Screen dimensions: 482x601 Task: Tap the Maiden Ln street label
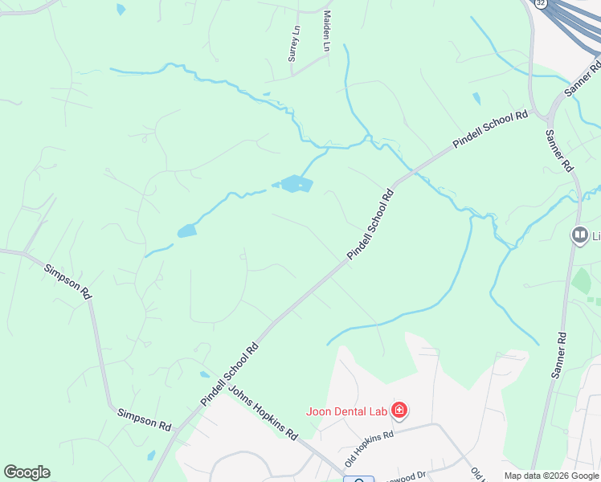pos(327,31)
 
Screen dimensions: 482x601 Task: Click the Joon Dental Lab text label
pos(346,411)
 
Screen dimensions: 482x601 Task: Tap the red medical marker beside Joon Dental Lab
pos(399,412)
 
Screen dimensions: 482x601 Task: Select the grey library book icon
pos(579,235)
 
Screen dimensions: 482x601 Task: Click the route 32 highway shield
pos(541,3)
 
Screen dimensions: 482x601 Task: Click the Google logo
pos(27,472)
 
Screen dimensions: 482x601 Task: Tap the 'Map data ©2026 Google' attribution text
pos(551,475)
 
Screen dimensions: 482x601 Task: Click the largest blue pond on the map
pos(296,184)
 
